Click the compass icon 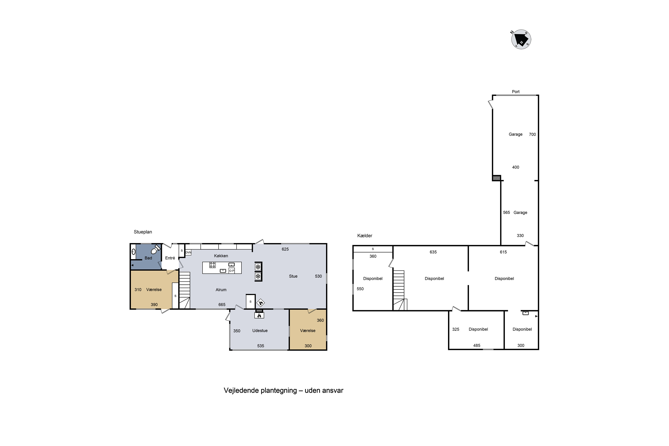pos(521,39)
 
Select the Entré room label pos(170,258)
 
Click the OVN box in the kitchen pos(188,252)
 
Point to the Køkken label pos(221,256)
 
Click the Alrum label pos(221,289)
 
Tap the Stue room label pos(293,276)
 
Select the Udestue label pos(260,330)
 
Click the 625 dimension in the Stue pos(285,249)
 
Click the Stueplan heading pos(143,232)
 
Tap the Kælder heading pos(365,235)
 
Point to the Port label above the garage pos(516,92)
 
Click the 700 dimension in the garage pos(533,134)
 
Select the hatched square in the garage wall pos(497,178)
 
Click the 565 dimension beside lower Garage pos(507,213)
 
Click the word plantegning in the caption pos(279,390)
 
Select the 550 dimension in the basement pos(360,289)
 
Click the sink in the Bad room pos(133,252)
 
